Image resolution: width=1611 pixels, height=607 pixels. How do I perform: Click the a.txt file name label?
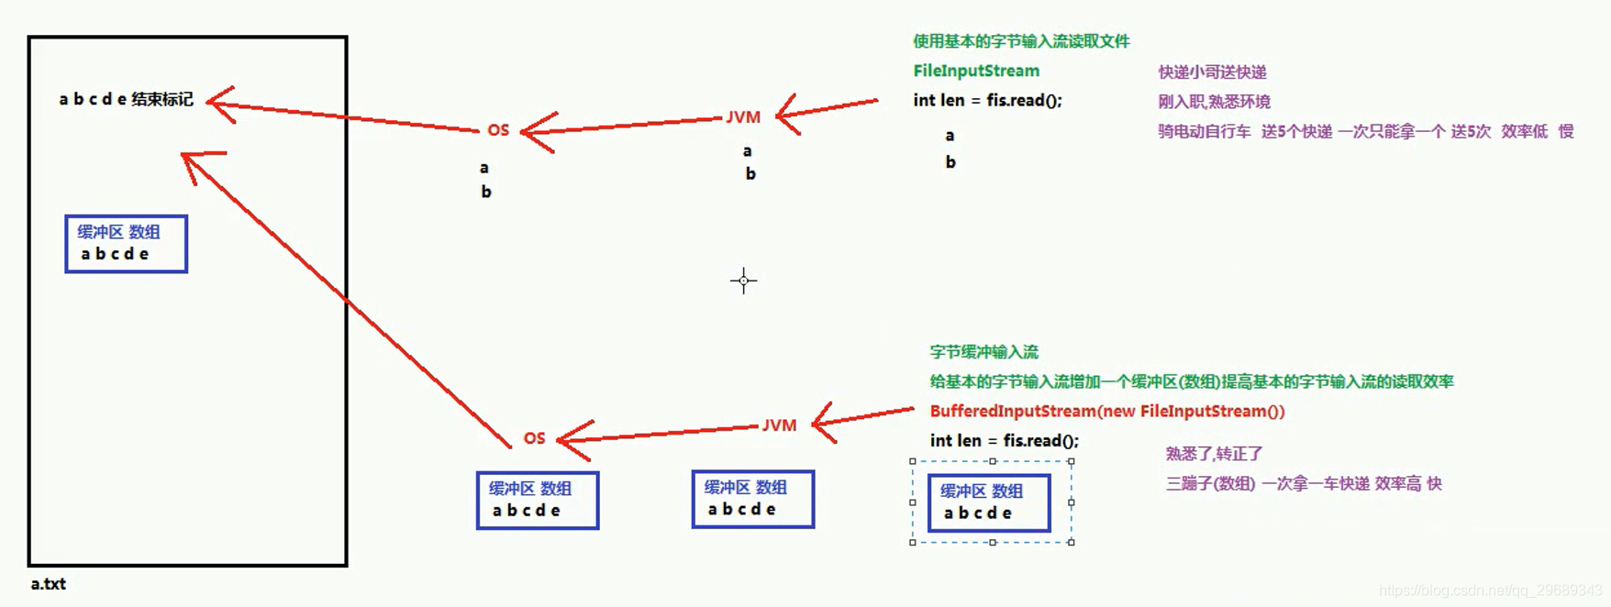point(48,584)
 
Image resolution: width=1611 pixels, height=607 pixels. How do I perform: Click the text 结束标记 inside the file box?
point(162,99)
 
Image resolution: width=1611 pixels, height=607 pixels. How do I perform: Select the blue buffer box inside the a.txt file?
point(126,244)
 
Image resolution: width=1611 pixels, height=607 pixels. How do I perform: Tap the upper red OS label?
point(498,130)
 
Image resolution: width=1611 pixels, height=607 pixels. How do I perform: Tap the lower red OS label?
point(534,438)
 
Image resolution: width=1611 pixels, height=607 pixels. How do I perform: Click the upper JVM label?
point(743,117)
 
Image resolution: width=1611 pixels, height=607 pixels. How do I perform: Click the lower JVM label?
point(779,425)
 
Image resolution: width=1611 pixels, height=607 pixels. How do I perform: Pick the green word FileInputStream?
point(976,71)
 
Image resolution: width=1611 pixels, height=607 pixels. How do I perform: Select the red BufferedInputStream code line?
point(1106,411)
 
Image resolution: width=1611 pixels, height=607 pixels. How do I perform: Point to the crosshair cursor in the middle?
point(743,281)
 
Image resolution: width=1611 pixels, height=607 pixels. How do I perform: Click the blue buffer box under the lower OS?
point(538,501)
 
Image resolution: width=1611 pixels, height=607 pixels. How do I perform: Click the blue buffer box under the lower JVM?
point(752,500)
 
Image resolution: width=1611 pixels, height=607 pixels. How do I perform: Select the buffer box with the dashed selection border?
point(989,502)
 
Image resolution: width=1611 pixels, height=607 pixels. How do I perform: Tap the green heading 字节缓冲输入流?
point(983,352)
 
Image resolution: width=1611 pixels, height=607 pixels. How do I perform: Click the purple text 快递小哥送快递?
point(1212,72)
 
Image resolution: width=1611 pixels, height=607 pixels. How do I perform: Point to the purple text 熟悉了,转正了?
point(1214,454)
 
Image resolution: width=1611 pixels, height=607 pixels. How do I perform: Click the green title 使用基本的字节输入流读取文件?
point(1021,41)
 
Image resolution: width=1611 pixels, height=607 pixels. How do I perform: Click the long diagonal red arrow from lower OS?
point(349,299)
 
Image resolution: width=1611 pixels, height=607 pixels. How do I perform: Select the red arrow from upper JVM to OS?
point(624,125)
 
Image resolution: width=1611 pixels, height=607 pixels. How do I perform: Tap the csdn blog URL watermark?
point(1490,591)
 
